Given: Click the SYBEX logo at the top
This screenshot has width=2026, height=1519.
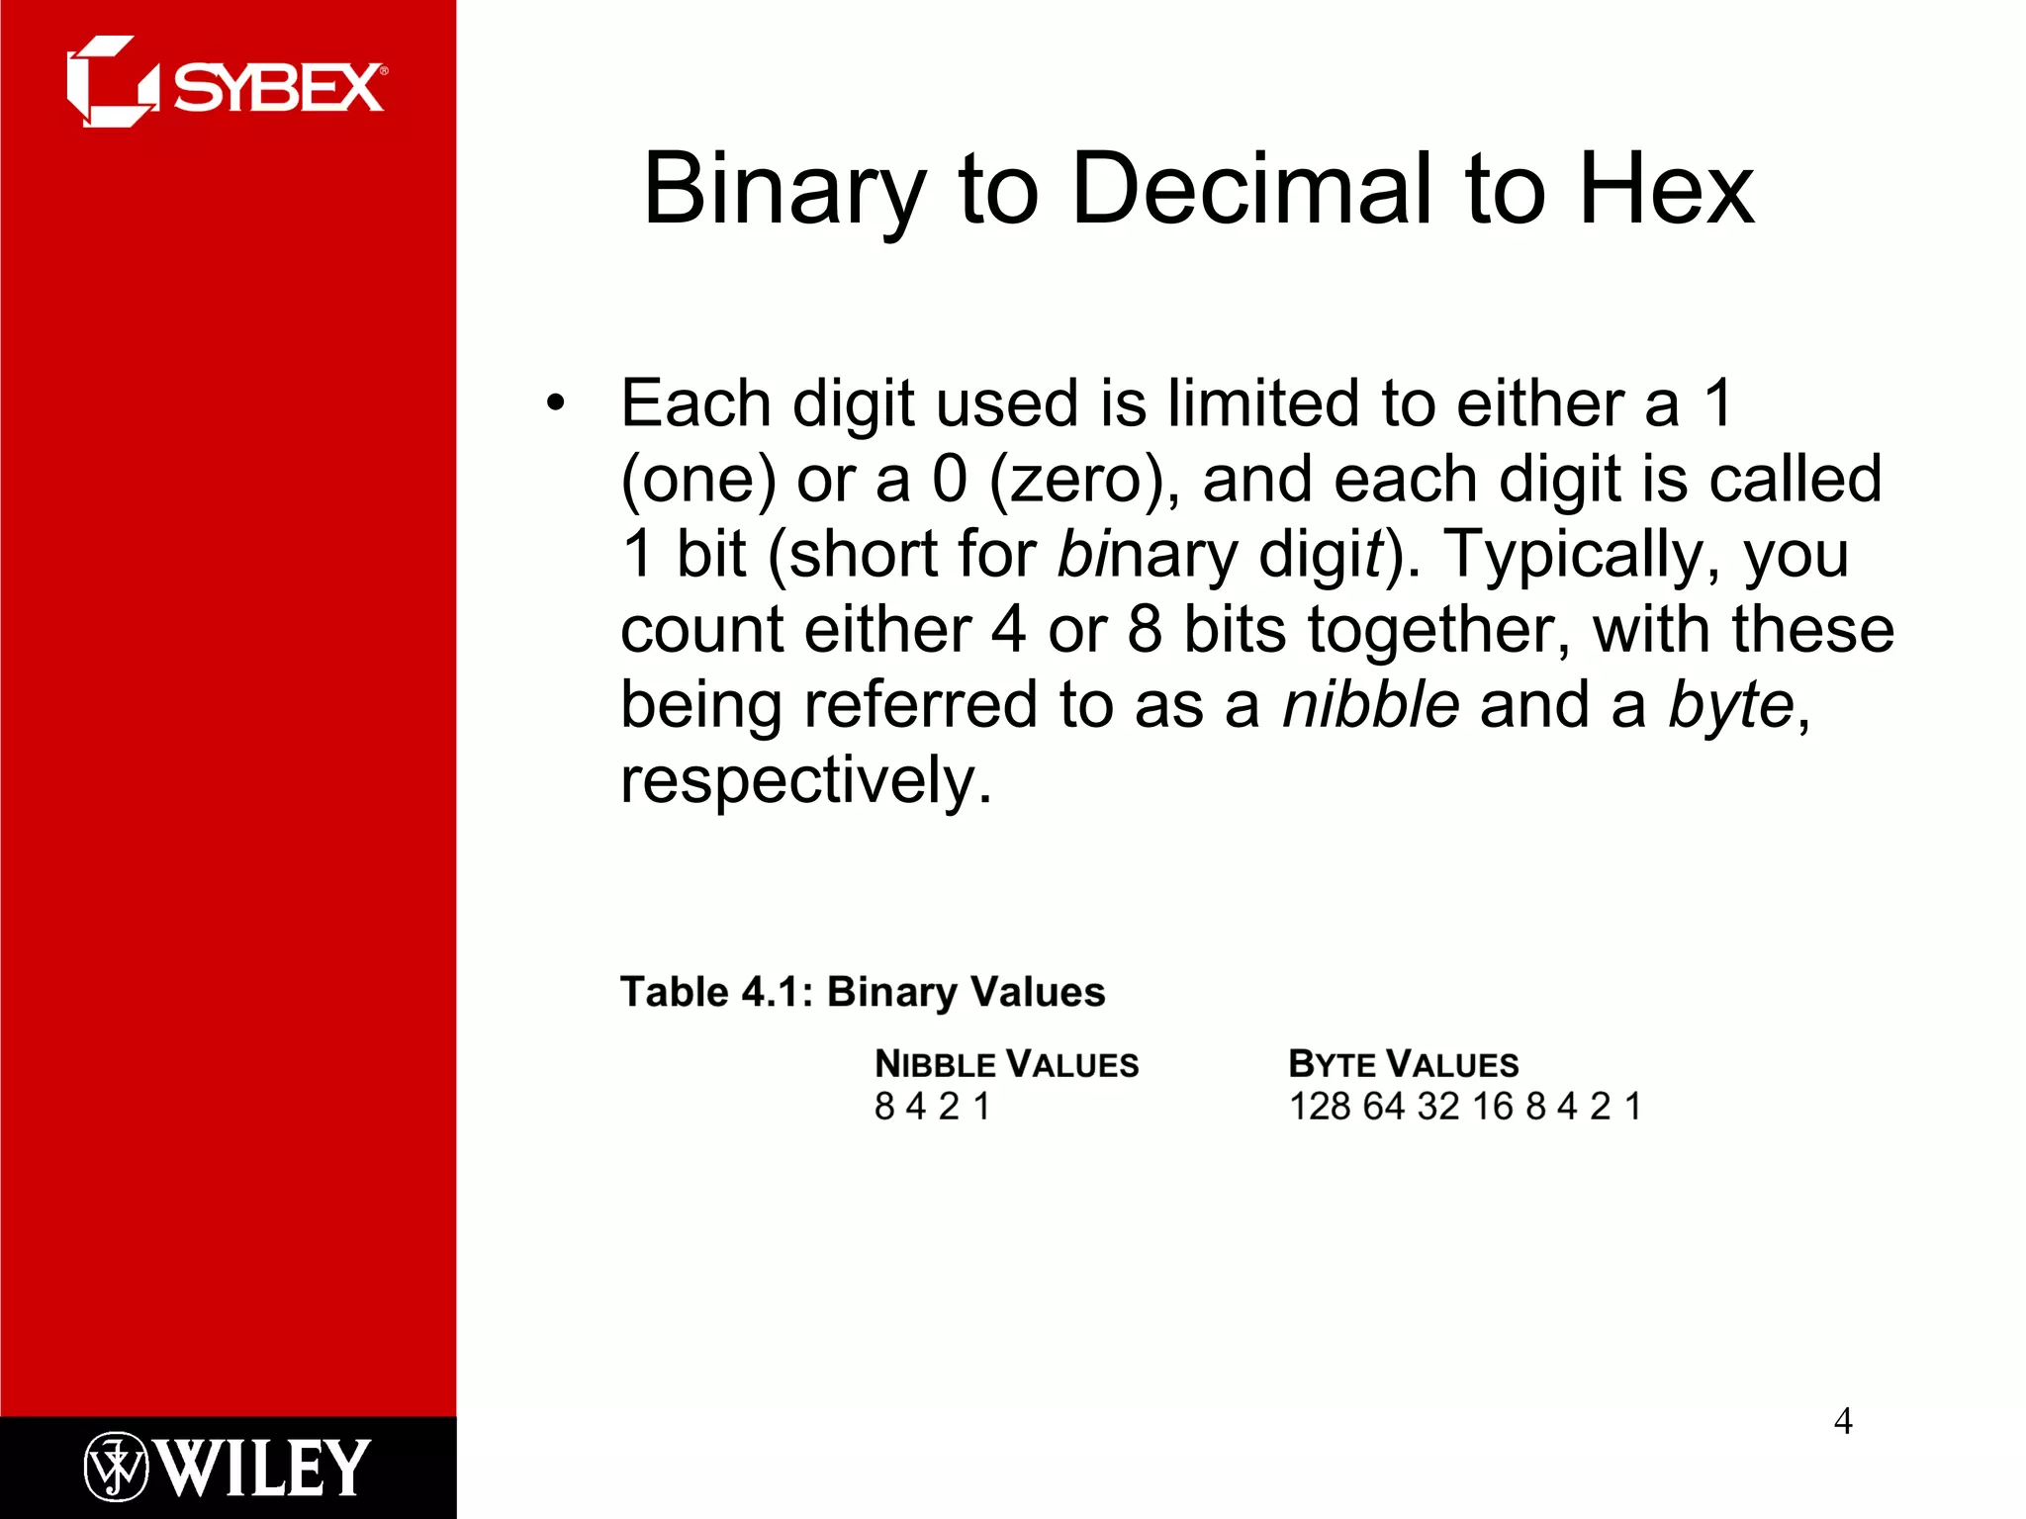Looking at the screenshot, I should (227, 83).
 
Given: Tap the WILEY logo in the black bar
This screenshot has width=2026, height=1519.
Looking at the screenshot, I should (227, 1467).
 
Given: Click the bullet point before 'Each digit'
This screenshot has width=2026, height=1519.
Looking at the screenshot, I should (556, 403).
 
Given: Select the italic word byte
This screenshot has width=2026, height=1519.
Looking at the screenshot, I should (1731, 706).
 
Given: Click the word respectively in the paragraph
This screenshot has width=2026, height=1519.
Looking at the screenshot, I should (804, 781).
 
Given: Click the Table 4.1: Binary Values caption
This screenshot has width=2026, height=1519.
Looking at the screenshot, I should (862, 991).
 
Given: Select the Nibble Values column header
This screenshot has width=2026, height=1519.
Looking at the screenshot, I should (1006, 1064).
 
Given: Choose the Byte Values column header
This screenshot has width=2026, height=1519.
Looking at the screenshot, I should (1403, 1064).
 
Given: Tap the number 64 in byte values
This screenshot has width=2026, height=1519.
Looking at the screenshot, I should (1383, 1106).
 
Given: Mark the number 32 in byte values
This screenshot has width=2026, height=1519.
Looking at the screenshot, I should (1437, 1106).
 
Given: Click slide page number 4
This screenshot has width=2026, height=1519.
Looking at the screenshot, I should (1843, 1421).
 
